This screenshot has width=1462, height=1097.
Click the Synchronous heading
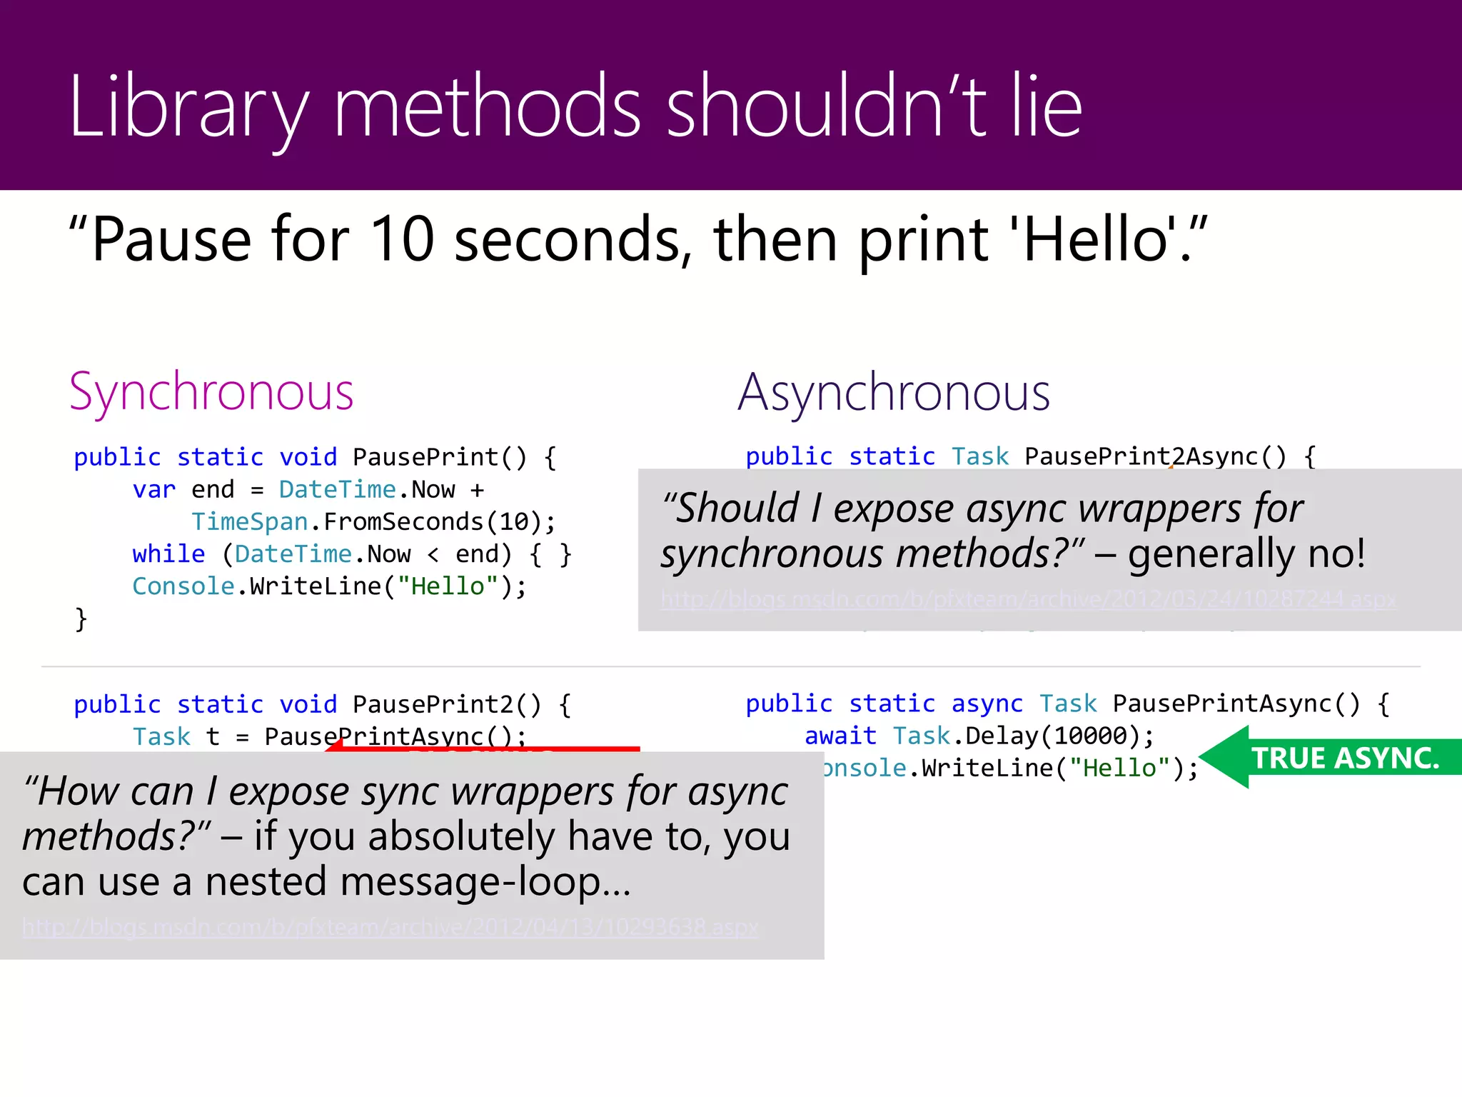[x=211, y=393]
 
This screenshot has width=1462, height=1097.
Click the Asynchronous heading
[x=894, y=393]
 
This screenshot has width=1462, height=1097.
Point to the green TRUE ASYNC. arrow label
[x=1345, y=758]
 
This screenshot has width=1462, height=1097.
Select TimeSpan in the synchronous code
[x=249, y=521]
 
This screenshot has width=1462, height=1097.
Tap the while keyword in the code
[x=168, y=553]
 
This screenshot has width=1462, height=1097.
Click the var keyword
[x=153, y=489]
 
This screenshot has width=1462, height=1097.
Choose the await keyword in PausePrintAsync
[x=840, y=736]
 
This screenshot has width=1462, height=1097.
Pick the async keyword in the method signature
[x=987, y=703]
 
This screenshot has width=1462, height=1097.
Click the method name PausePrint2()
[x=447, y=704]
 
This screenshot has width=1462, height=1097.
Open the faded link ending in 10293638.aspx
[x=390, y=927]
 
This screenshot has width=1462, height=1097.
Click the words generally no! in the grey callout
[x=1246, y=553]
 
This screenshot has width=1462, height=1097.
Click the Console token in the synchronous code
[x=183, y=586]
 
